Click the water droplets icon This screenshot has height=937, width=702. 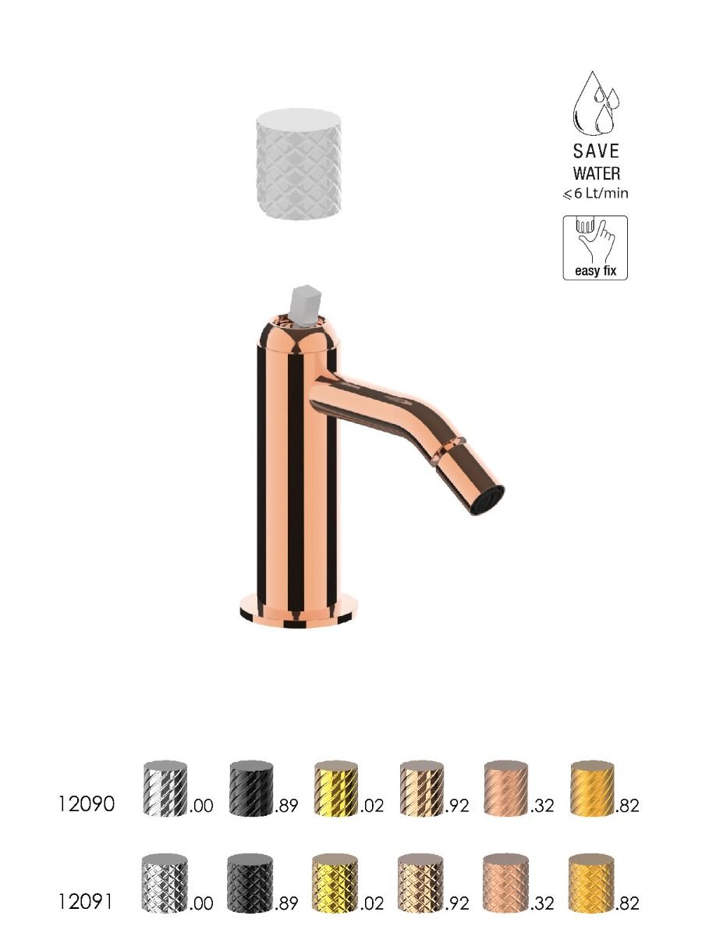(x=596, y=103)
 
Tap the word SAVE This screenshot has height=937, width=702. (x=596, y=151)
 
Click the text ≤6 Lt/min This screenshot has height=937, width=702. (x=596, y=194)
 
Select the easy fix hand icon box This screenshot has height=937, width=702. (x=595, y=248)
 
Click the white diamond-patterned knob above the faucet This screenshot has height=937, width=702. (x=299, y=164)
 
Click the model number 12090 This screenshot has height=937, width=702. (x=86, y=805)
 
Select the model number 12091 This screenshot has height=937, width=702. (x=85, y=903)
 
